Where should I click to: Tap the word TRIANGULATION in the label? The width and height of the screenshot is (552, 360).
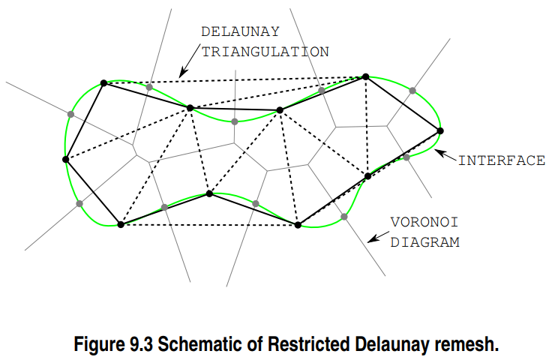[265, 52]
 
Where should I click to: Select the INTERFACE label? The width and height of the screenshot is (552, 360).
[502, 160]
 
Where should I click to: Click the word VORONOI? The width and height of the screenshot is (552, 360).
[424, 223]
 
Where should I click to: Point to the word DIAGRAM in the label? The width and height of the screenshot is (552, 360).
[424, 243]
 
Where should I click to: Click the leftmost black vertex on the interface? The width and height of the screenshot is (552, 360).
[66, 159]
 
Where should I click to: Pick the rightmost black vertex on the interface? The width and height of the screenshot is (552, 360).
[440, 131]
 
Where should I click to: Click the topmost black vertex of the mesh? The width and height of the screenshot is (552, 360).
[365, 76]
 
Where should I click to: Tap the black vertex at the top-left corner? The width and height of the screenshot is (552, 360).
[104, 82]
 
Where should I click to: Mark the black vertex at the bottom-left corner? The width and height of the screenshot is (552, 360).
[121, 224]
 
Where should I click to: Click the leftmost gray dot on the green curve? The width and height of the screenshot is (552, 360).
[70, 114]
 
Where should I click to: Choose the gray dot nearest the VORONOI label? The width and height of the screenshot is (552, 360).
[344, 217]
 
